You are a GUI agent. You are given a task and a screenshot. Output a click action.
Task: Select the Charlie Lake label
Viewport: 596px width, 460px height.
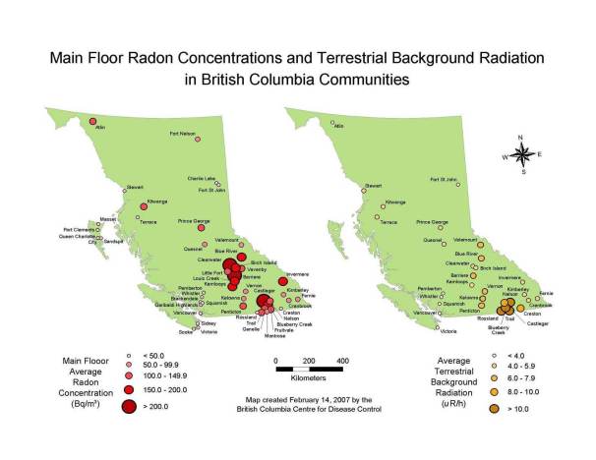(201, 178)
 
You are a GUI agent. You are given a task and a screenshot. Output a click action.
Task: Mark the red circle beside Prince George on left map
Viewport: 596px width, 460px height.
(207, 231)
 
